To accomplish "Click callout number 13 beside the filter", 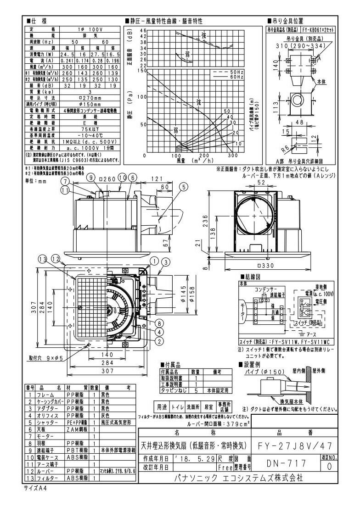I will (x=42, y=260).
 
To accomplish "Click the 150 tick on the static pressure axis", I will (x=141, y=71).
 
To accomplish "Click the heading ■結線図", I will (x=253, y=277).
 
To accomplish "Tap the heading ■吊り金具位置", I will (x=285, y=21).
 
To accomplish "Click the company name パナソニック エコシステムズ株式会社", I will (x=239, y=478).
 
